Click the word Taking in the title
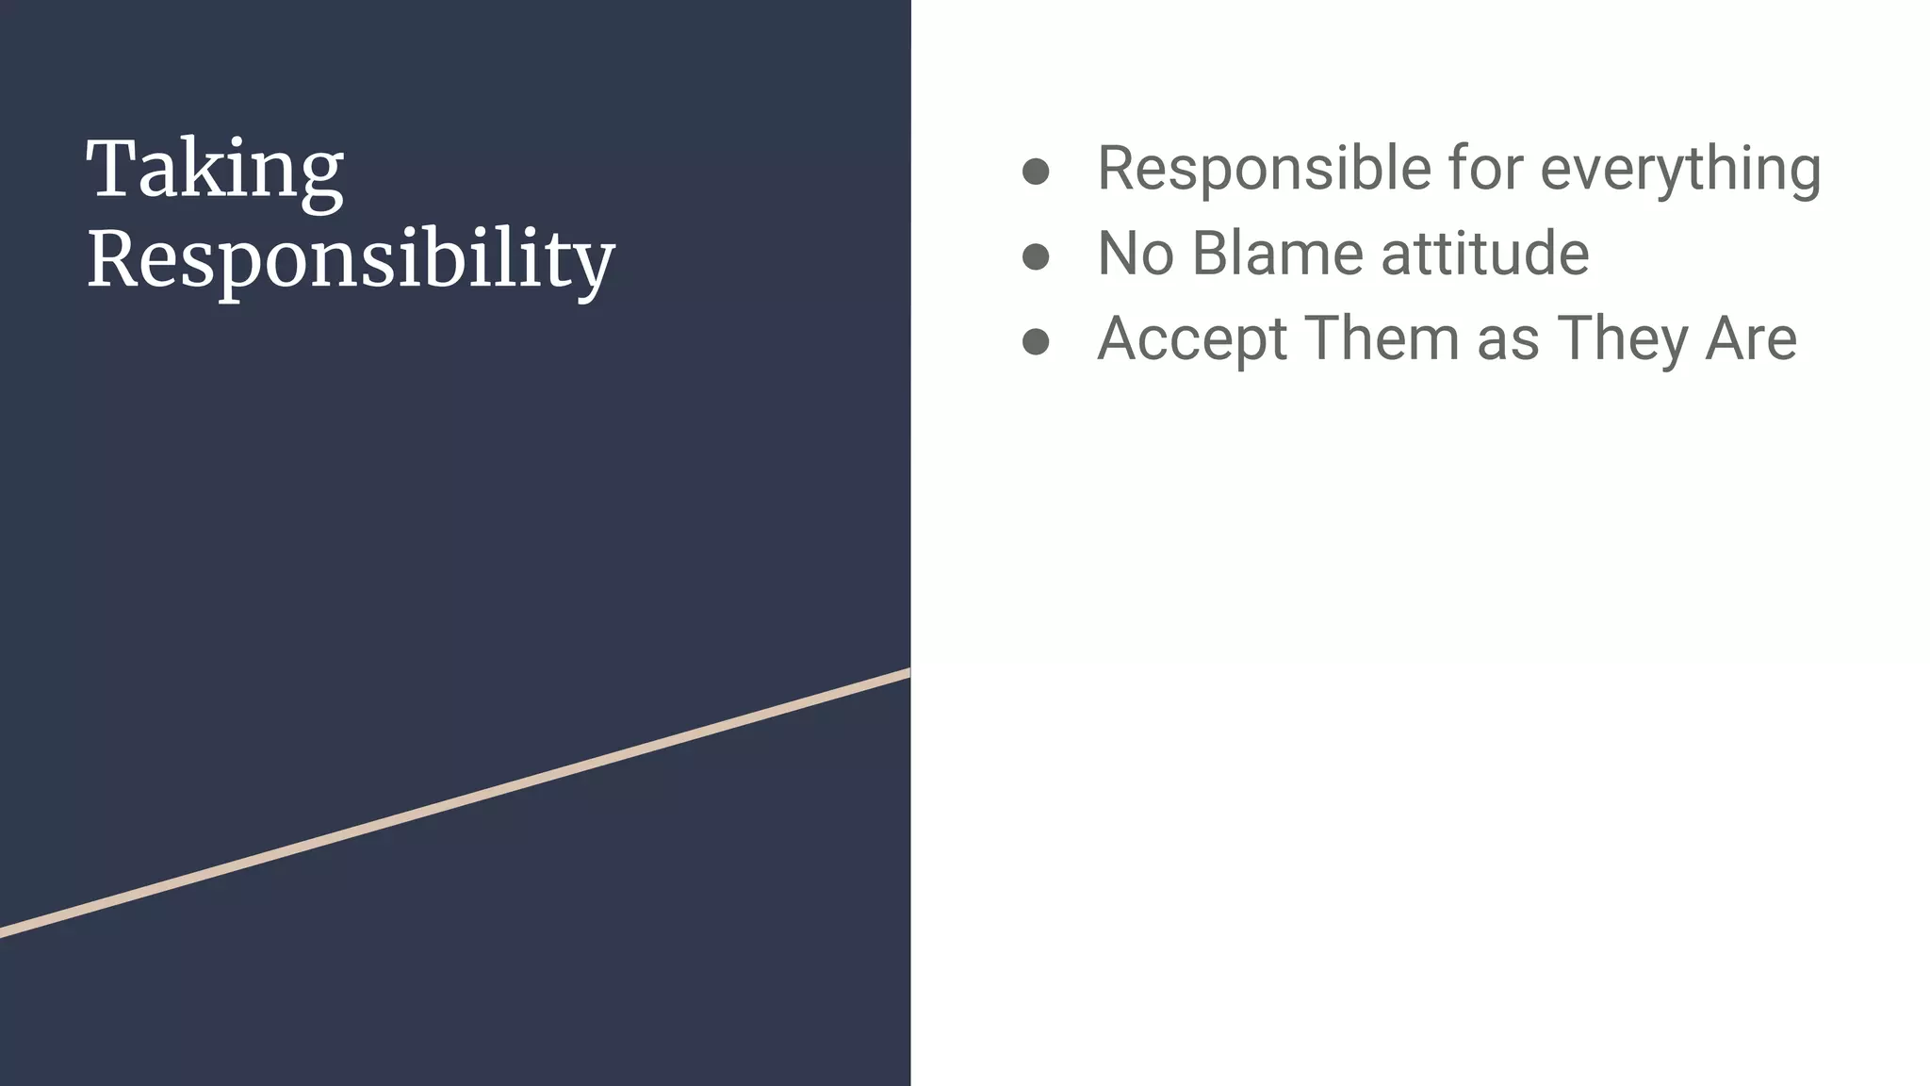pos(215,171)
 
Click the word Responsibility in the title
pos(351,259)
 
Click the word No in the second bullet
pos(1135,254)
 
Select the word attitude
pos(1484,254)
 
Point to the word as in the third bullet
pos(1508,340)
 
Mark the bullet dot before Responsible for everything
pos(1036,171)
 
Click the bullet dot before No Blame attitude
pos(1036,256)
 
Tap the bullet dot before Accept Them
pos(1036,341)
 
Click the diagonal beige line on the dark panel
pos(455,804)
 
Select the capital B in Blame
pos(1214,254)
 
